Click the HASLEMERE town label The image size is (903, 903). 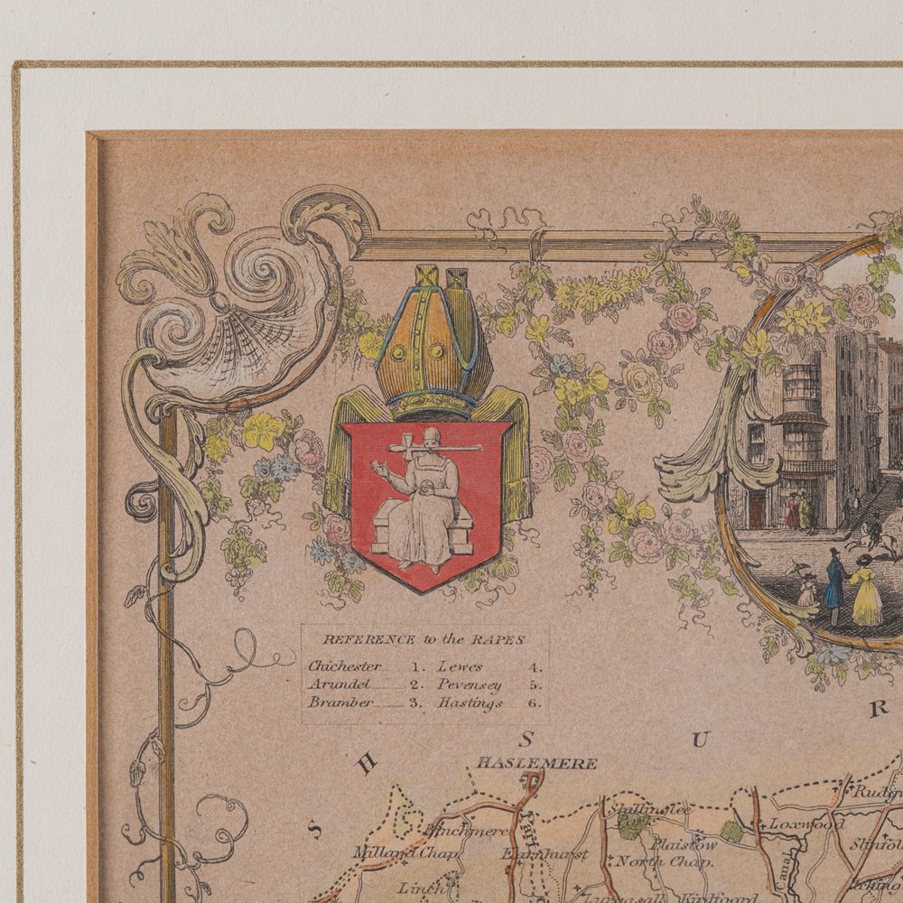click(x=537, y=764)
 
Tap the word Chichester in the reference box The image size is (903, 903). click(x=344, y=666)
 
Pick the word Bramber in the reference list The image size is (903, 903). click(x=340, y=703)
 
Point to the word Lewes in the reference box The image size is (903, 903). click(x=461, y=666)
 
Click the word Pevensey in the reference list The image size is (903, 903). click(x=470, y=684)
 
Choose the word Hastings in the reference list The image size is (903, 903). click(x=470, y=703)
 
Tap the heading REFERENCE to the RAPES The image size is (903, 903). click(x=424, y=639)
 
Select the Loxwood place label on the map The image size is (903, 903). click(x=805, y=824)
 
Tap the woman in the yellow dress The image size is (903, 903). click(x=865, y=591)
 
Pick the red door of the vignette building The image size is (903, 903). click(x=756, y=510)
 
